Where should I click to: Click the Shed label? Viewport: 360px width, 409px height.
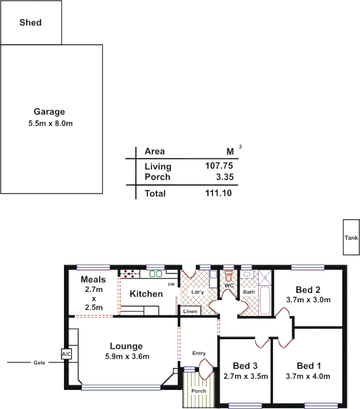pos(30,22)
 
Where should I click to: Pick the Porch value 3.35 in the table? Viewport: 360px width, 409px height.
pos(226,177)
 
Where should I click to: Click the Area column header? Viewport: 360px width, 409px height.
pos(154,151)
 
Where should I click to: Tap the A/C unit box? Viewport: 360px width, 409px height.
pos(66,354)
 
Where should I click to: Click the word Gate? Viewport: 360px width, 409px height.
pos(39,362)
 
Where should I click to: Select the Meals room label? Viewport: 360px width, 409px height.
pos(93,280)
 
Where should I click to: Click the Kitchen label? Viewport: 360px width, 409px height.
pos(146,294)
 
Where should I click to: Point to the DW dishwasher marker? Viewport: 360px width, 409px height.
pos(171,285)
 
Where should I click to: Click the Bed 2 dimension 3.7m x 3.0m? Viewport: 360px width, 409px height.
pos(307,300)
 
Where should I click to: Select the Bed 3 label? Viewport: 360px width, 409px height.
pos(245,366)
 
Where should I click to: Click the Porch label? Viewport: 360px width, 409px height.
pos(198,391)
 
